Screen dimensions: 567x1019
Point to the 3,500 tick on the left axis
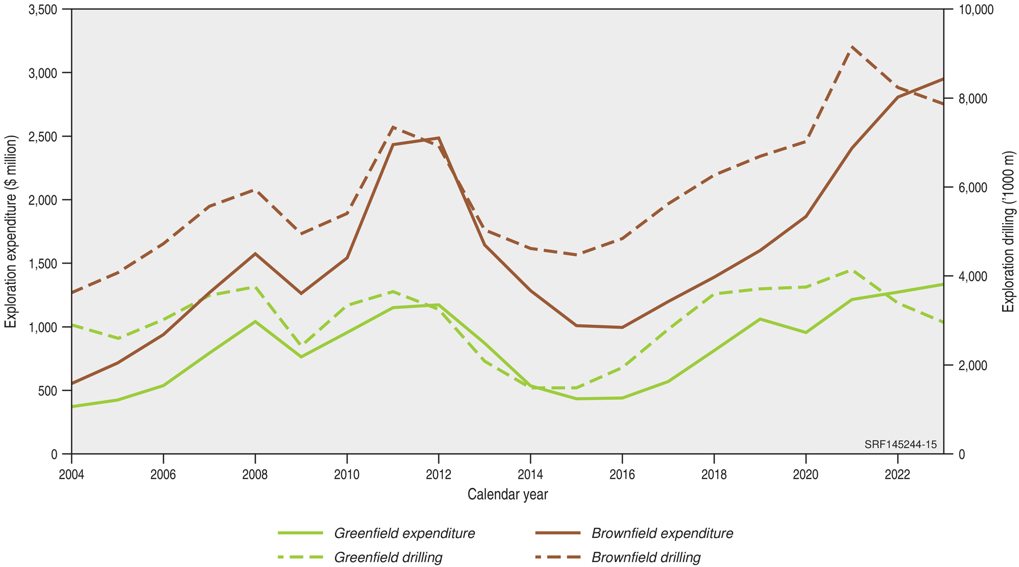[x=43, y=10]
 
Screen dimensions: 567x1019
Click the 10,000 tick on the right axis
[x=976, y=10]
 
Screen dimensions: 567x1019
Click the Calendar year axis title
[x=507, y=494]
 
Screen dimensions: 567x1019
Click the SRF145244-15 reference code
[x=900, y=445]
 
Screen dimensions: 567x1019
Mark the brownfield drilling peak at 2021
[x=852, y=47]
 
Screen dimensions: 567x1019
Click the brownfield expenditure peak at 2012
[x=439, y=138]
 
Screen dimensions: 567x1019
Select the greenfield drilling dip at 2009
[x=301, y=346]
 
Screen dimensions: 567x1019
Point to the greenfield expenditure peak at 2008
[x=255, y=321]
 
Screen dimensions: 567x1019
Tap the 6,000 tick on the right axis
[x=973, y=188]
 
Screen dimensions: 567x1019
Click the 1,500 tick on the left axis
[x=43, y=264]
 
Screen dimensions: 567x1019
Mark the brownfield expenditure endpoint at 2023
[x=943, y=79]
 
